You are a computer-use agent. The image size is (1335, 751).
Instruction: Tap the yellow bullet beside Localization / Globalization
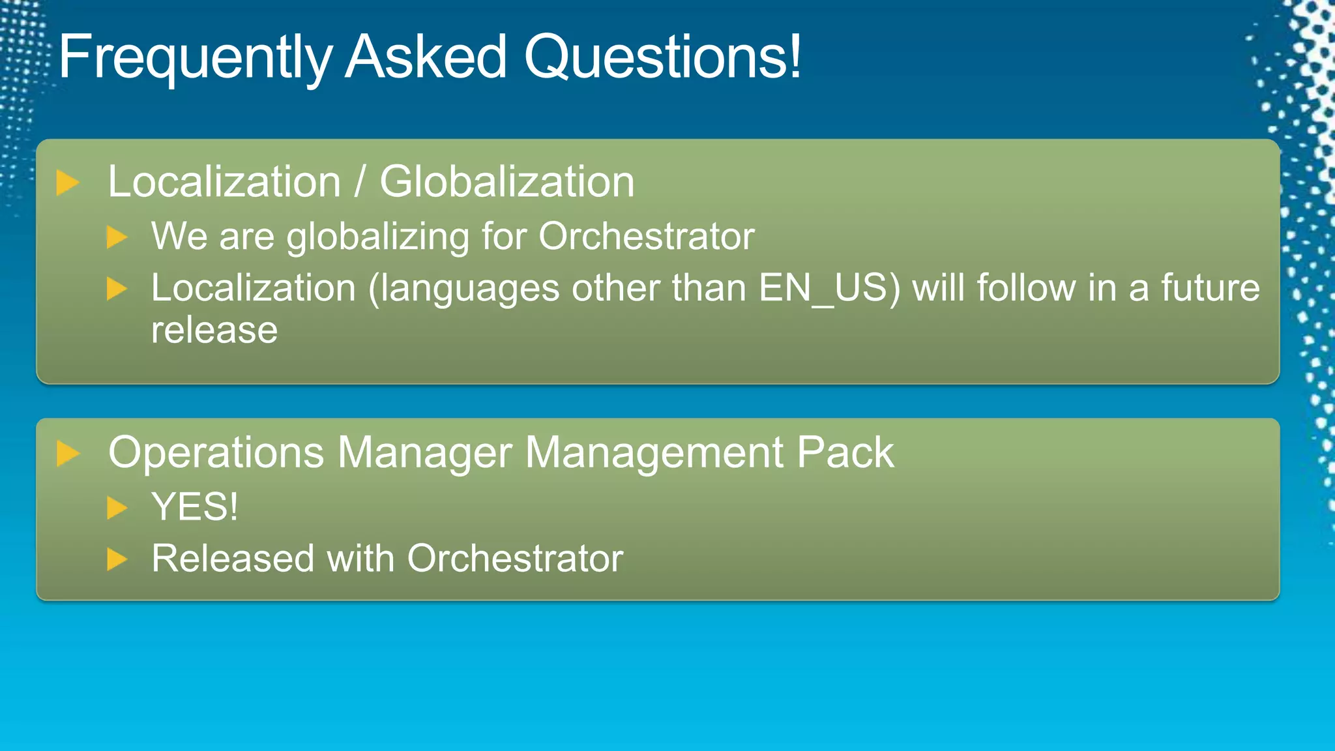[x=67, y=183]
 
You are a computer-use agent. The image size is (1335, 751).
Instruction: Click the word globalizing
[x=377, y=237]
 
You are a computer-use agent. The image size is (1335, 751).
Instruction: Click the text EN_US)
[x=829, y=289]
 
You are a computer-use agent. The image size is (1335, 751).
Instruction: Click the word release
[x=214, y=331]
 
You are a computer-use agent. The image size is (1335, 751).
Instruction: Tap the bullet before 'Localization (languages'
[x=117, y=289]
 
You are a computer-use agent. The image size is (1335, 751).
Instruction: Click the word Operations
[x=216, y=452]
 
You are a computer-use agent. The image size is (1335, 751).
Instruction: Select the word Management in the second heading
[x=654, y=452]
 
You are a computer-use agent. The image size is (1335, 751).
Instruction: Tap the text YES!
[x=194, y=507]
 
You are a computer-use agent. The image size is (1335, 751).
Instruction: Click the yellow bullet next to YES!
[x=117, y=508]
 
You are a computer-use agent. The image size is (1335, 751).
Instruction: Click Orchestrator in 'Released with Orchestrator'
[x=515, y=559]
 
